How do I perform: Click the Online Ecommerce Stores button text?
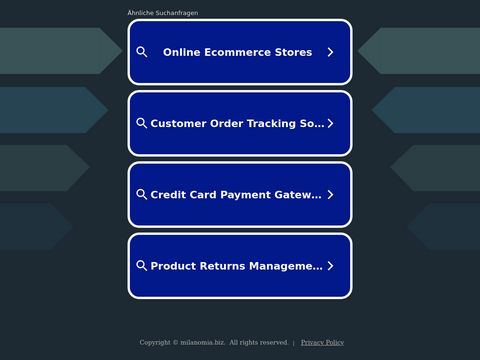237,52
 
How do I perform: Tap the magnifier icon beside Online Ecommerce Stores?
142,52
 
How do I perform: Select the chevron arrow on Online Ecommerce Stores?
330,52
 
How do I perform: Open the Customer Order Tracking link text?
237,124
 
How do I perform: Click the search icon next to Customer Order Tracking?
142,124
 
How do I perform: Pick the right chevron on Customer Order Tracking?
330,124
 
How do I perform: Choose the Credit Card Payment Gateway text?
236,195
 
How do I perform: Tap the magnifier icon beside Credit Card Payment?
142,195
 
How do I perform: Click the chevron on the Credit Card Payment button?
330,195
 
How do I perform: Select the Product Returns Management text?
236,266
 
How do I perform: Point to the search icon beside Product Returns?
142,266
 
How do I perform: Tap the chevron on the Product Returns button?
330,266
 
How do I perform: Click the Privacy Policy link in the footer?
322,342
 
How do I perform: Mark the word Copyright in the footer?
154,342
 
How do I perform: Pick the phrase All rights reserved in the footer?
258,342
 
